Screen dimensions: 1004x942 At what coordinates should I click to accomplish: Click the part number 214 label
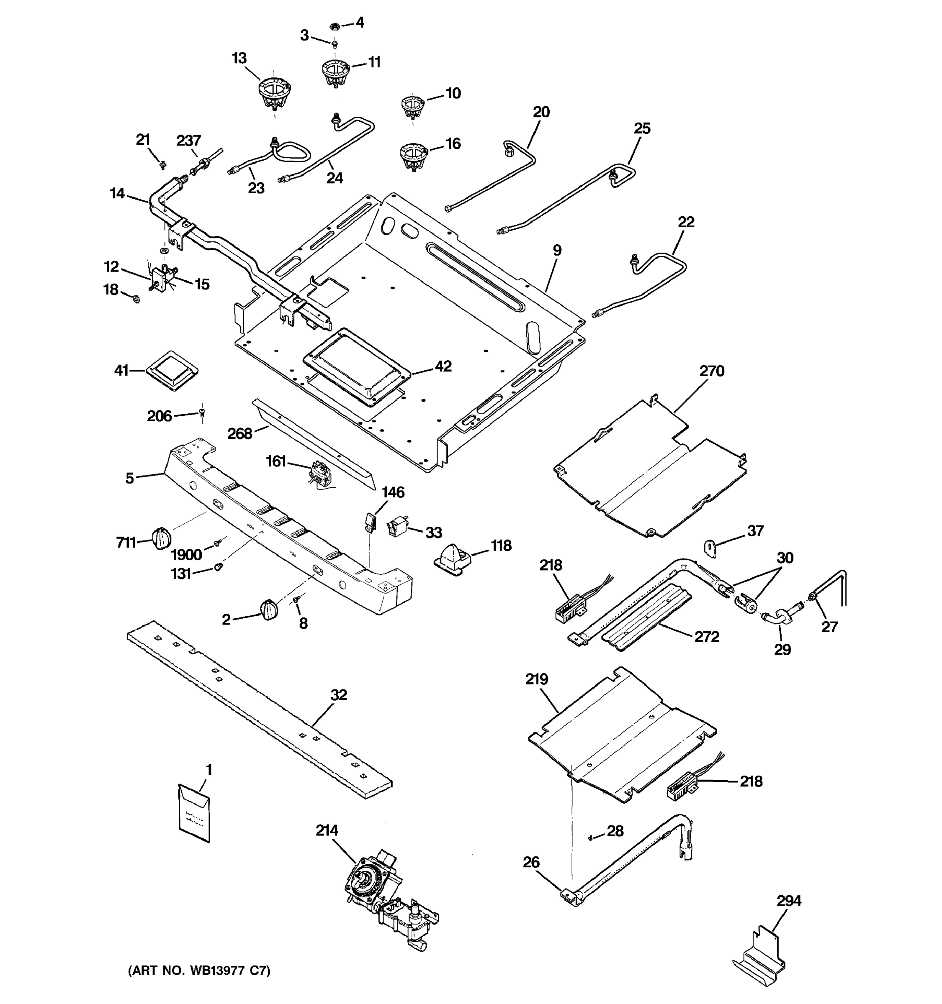click(327, 830)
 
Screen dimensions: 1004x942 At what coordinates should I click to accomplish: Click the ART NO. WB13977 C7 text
click(199, 970)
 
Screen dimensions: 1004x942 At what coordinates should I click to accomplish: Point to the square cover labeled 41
click(172, 371)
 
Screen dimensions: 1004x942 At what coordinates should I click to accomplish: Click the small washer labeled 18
click(135, 300)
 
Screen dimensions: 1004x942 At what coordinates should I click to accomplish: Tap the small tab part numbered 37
click(710, 548)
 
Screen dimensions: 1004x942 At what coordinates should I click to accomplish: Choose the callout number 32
click(339, 695)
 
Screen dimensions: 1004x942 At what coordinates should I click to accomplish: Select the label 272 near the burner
click(706, 637)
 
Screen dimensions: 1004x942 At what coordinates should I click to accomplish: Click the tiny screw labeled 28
click(590, 838)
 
